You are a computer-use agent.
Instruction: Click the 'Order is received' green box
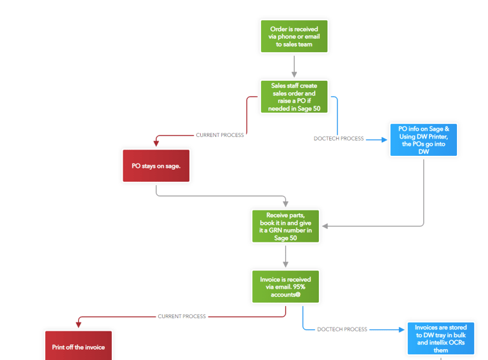point(294,36)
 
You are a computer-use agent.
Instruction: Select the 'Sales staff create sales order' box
point(294,97)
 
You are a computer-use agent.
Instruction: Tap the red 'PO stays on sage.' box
point(156,166)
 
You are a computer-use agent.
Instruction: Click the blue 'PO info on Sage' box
point(423,140)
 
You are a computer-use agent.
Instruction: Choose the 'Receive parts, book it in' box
point(285,226)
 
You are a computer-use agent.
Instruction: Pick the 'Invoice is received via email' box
point(285,287)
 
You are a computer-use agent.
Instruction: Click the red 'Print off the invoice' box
point(78,347)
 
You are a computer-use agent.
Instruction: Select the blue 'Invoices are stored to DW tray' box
point(440,338)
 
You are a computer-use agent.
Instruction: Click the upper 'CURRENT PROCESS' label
point(219,135)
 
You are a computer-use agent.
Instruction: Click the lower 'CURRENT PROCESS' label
point(182,316)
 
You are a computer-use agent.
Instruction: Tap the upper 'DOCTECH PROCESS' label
point(339,139)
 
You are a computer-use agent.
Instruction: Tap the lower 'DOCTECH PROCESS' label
point(342,329)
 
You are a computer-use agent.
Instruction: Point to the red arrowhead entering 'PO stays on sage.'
point(156,144)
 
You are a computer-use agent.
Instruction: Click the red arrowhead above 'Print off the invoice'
point(78,325)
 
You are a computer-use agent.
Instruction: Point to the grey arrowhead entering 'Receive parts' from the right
point(325,226)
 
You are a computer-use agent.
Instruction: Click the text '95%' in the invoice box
point(301,287)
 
